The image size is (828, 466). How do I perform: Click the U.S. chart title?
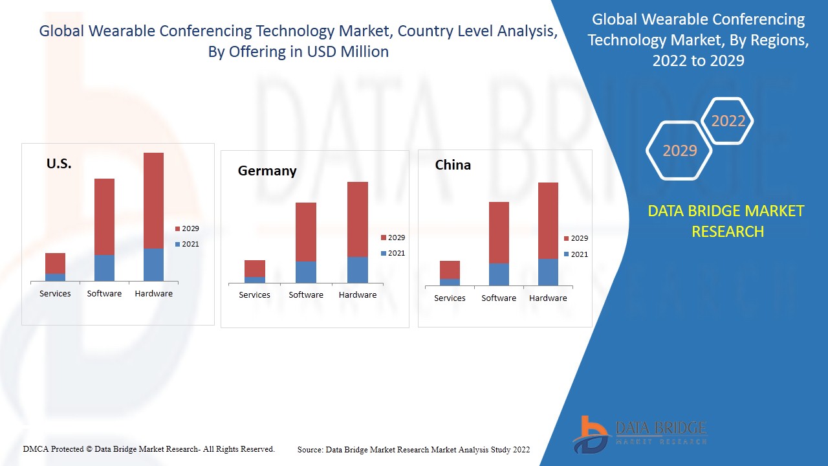(x=59, y=164)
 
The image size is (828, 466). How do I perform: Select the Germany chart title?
(x=267, y=171)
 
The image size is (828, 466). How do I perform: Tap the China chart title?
(x=453, y=165)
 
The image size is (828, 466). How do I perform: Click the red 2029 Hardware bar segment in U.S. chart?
(x=153, y=201)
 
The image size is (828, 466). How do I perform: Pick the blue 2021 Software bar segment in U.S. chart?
(x=104, y=268)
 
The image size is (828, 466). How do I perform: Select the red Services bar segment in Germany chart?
(x=255, y=269)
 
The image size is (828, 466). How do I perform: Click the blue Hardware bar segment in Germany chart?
(x=358, y=270)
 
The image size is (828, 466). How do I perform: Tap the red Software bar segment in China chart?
(x=499, y=232)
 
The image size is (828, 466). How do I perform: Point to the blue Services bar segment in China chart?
(x=450, y=282)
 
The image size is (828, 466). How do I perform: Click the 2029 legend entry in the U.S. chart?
(x=187, y=228)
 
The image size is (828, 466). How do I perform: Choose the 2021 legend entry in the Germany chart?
(x=393, y=253)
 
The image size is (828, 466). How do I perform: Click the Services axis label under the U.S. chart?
(x=55, y=294)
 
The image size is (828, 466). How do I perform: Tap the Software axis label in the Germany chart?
(x=306, y=295)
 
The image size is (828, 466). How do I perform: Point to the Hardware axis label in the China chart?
(x=548, y=298)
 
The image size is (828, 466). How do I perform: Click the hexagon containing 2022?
(x=728, y=121)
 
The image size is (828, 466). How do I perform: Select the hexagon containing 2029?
(x=679, y=151)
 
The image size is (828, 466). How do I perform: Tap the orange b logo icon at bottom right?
(x=591, y=434)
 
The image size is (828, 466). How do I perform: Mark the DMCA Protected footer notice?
(x=149, y=449)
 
